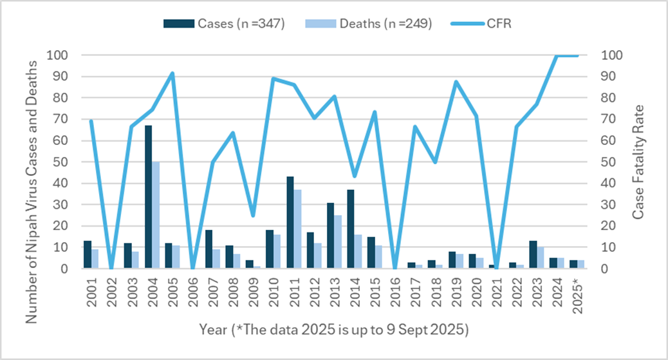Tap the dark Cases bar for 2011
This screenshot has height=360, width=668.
coord(290,222)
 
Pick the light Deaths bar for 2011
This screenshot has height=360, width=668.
coord(297,229)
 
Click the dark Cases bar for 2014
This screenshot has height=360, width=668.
coord(350,229)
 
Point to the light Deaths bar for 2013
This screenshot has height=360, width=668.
coord(338,242)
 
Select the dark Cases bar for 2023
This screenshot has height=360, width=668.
coord(533,254)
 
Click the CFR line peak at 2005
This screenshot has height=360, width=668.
coord(172,73)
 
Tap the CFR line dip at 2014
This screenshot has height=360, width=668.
coord(355,176)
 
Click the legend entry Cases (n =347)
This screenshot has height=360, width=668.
coord(225,23)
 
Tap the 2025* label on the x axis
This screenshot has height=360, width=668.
coord(578,297)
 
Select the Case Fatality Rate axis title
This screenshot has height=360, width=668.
coord(638,162)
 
